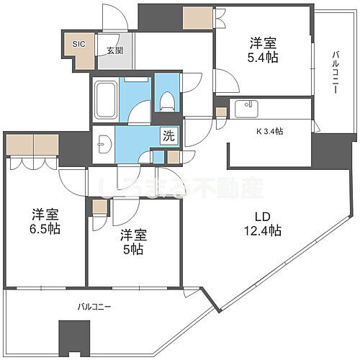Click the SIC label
pyautogui.click(x=78, y=44)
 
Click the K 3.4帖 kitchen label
pyautogui.click(x=269, y=131)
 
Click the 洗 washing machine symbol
pyautogui.click(x=167, y=135)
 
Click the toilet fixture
pyautogui.click(x=167, y=99)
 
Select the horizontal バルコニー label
pyautogui.click(x=94, y=307)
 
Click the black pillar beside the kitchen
pyautogui.click(x=324, y=150)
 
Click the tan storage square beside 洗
pyautogui.click(x=173, y=156)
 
